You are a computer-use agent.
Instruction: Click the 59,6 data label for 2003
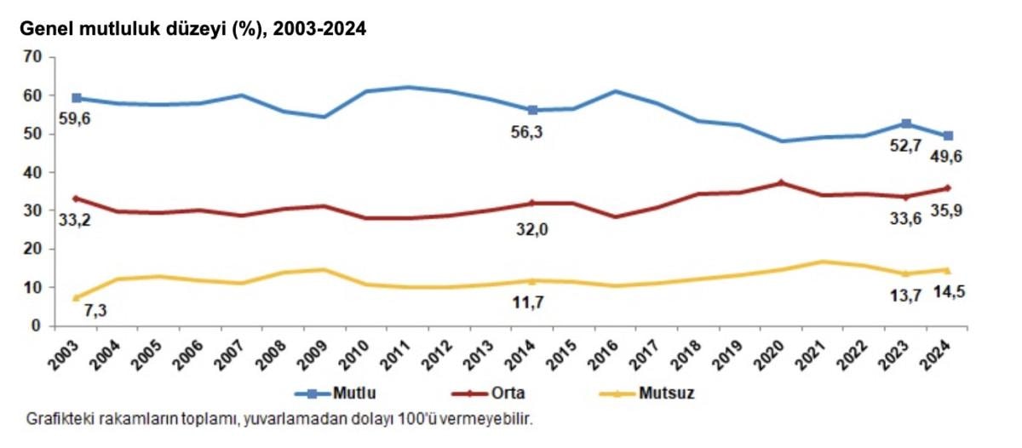coord(74,118)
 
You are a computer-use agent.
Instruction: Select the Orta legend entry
coord(506,393)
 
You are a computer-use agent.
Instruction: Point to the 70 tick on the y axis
coord(33,58)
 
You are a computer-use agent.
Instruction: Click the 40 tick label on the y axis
coord(33,173)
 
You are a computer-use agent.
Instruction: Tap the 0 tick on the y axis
coord(37,326)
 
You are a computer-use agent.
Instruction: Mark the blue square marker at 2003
coord(77,98)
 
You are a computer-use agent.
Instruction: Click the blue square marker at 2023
coord(906,124)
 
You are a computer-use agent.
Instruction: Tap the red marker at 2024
coord(948,188)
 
